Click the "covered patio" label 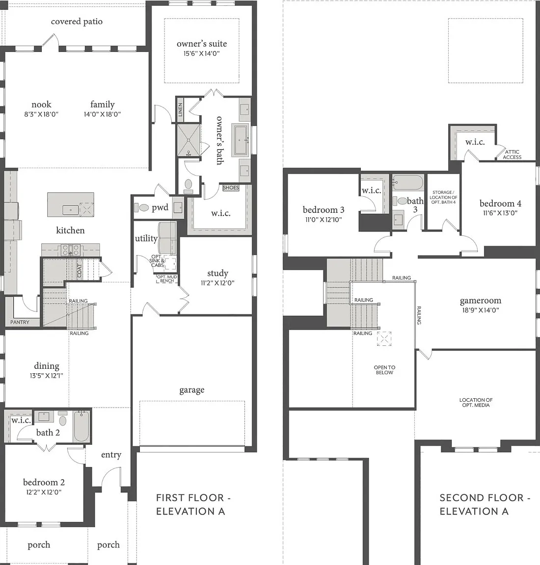(x=77, y=22)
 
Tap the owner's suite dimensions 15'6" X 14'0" (x=202, y=53)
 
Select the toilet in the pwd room (x=142, y=207)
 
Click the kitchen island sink (x=71, y=209)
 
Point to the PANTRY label (x=20, y=322)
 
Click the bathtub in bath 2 (x=81, y=427)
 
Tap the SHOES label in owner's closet (x=231, y=188)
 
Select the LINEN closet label (x=180, y=109)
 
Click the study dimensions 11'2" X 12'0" (x=217, y=283)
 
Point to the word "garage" (x=192, y=390)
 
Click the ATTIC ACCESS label (x=512, y=154)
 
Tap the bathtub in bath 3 (x=408, y=182)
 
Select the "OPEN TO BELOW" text (x=384, y=370)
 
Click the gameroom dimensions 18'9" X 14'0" (x=481, y=310)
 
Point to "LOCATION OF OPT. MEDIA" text (x=476, y=403)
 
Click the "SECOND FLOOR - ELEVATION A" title (x=485, y=505)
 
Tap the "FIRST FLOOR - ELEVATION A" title (x=193, y=505)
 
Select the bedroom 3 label (x=324, y=210)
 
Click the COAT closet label (x=80, y=271)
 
